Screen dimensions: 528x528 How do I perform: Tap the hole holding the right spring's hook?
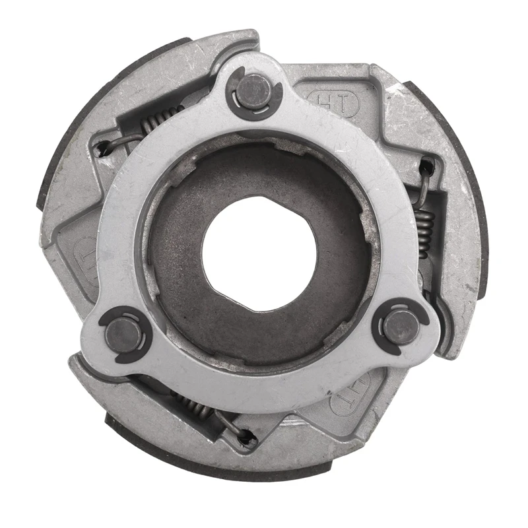426,166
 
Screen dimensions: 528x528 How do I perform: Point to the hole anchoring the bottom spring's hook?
247,436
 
